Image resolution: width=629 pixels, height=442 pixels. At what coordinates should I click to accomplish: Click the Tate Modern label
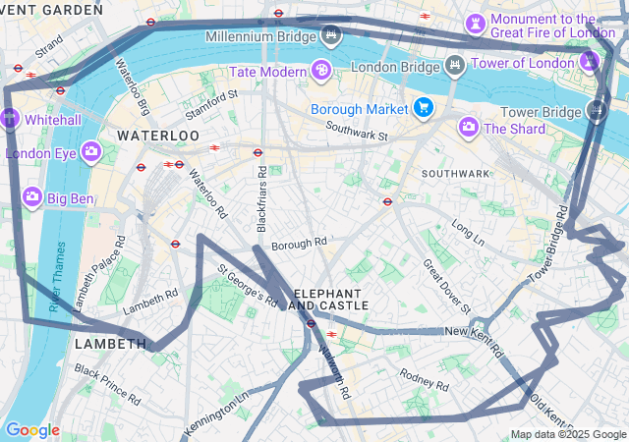(267, 72)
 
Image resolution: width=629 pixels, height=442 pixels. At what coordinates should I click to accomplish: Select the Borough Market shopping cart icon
(424, 107)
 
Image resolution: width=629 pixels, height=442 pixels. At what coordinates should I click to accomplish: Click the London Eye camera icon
(91, 151)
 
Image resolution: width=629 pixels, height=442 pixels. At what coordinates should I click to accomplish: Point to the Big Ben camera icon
(31, 197)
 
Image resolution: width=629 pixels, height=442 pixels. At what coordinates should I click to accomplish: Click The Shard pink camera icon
(469, 127)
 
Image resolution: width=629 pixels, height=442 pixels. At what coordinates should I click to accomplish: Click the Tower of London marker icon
(589, 63)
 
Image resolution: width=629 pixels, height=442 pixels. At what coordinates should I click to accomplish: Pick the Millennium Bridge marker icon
(332, 36)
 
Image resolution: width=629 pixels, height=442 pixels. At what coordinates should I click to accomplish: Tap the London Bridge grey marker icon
(454, 66)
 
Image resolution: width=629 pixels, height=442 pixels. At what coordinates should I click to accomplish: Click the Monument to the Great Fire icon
(476, 22)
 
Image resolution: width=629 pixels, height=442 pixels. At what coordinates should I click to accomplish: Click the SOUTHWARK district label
(455, 174)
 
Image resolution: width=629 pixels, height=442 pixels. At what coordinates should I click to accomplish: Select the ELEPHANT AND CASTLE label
(331, 300)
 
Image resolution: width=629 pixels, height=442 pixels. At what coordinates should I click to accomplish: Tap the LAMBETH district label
(110, 344)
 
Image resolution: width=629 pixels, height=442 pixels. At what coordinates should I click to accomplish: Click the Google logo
(32, 430)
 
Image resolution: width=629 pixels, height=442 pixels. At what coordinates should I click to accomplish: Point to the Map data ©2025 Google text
(567, 434)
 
